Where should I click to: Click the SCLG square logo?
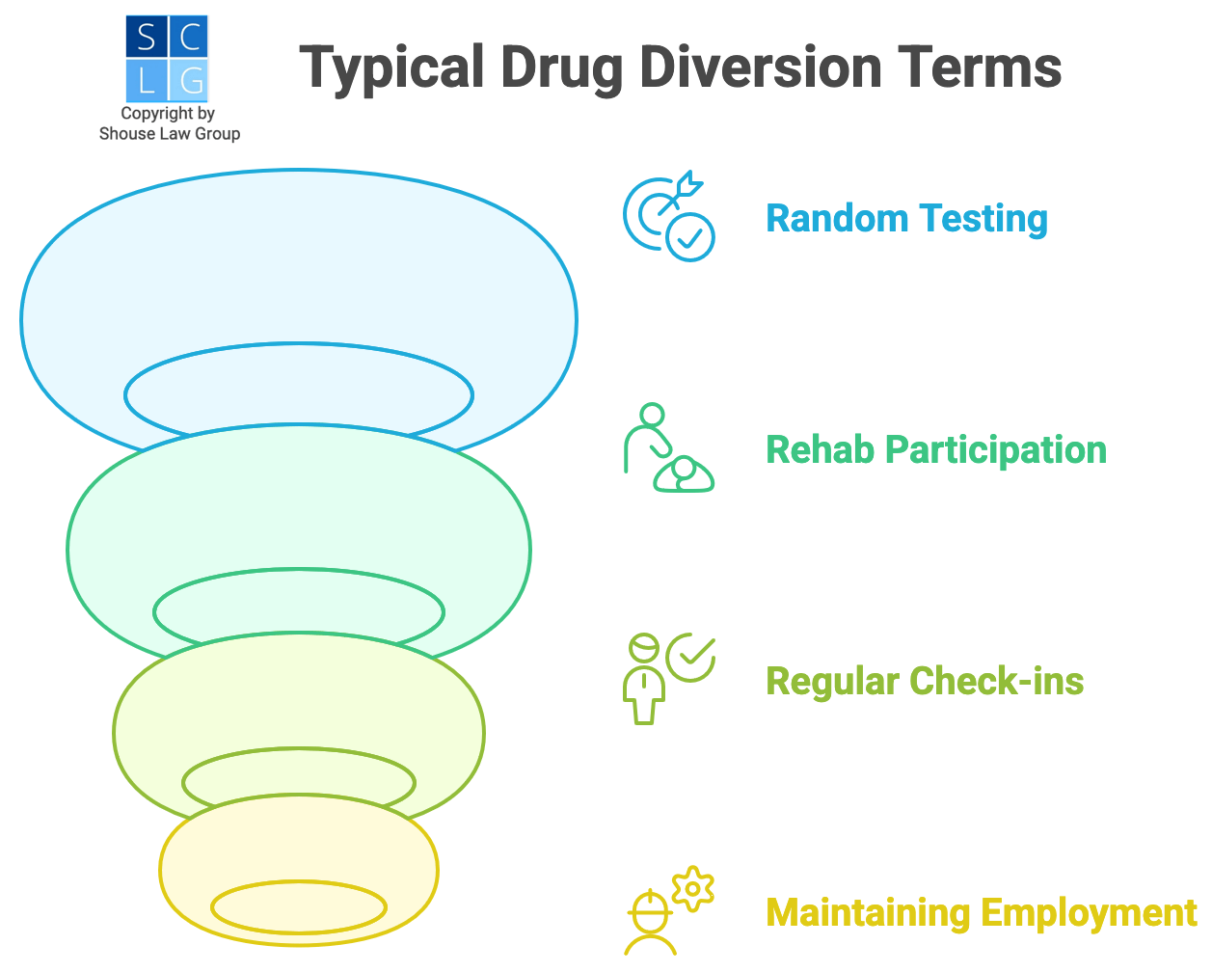click(167, 59)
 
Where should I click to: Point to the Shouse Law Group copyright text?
click(169, 124)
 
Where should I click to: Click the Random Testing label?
click(906, 219)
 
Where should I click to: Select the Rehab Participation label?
click(935, 450)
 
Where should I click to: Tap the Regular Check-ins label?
click(924, 682)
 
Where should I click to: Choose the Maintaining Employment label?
click(981, 912)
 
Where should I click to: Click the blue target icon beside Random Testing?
click(668, 217)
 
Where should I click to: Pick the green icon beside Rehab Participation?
click(668, 448)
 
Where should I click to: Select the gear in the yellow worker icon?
click(692, 888)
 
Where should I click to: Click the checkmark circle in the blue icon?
click(690, 236)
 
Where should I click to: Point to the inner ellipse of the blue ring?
click(299, 395)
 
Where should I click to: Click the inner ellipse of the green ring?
click(299, 611)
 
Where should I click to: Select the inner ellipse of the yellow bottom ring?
click(299, 907)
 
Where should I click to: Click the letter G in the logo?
click(190, 81)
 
